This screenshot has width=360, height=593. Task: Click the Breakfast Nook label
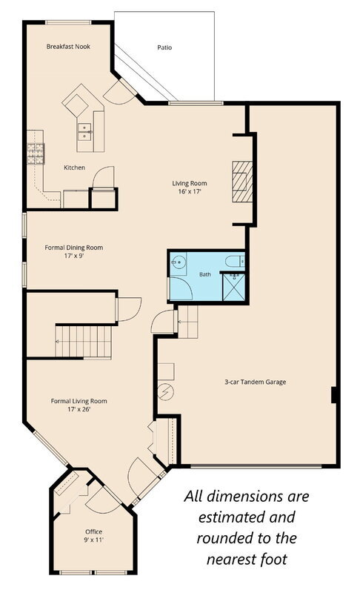pyautogui.click(x=68, y=47)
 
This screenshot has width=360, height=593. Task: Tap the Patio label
pyautogui.click(x=164, y=47)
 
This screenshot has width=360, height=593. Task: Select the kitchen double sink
pyautogui.click(x=84, y=132)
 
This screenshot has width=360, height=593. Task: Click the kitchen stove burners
pyautogui.click(x=36, y=153)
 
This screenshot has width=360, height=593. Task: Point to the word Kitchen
pyautogui.click(x=74, y=168)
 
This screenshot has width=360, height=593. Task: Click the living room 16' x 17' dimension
pyautogui.click(x=190, y=192)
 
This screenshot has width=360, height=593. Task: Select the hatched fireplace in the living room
pyautogui.click(x=242, y=182)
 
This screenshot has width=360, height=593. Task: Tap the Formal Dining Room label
pyautogui.click(x=73, y=248)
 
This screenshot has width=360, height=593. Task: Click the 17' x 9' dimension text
pyautogui.click(x=73, y=256)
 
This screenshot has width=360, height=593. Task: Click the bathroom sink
pyautogui.click(x=178, y=262)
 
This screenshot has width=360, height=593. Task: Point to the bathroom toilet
pyautogui.click(x=235, y=261)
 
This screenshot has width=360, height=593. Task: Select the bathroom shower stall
pyautogui.click(x=234, y=287)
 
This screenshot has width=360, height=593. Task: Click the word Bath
pyautogui.click(x=205, y=274)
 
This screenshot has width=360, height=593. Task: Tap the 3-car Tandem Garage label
pyautogui.click(x=256, y=382)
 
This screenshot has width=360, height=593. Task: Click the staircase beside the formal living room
pyautogui.click(x=84, y=342)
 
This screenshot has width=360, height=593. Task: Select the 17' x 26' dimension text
pyautogui.click(x=79, y=409)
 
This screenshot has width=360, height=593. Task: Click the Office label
pyautogui.click(x=93, y=531)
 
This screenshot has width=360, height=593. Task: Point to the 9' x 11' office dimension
pyautogui.click(x=93, y=540)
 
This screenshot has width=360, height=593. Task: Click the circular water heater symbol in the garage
pyautogui.click(x=165, y=392)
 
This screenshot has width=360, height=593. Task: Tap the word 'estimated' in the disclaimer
pyautogui.click(x=247, y=517)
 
